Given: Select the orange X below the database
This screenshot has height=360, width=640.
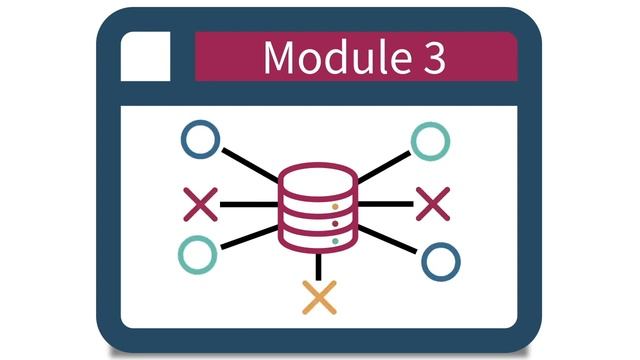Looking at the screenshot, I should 319,297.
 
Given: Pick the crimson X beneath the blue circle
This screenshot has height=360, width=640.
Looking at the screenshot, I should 201,204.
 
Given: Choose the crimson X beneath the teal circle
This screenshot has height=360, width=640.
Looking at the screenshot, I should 433,204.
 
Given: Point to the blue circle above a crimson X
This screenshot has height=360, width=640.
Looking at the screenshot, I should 201,141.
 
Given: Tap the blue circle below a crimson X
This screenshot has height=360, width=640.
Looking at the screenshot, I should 440,261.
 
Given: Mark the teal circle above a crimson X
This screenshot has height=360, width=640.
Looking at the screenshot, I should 430,141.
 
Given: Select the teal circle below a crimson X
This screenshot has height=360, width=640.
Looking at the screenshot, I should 197,254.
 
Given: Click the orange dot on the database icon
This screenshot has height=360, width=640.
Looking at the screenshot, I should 335,206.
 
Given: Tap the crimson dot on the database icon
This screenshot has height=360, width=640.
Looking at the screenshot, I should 335,223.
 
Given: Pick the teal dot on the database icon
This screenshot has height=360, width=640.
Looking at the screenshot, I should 335,240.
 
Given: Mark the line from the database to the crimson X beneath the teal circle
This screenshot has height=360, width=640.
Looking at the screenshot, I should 385,204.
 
